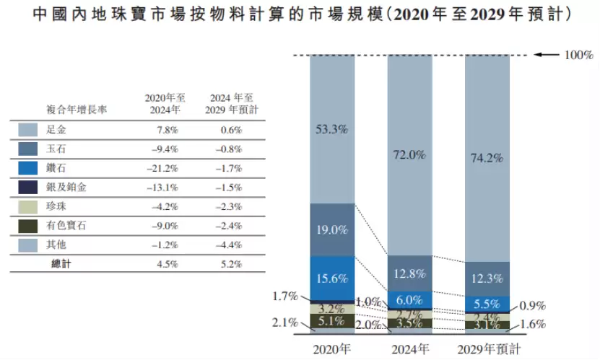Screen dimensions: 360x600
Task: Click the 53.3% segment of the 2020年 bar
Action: point(332,130)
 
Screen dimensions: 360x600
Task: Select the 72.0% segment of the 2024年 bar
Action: point(409,154)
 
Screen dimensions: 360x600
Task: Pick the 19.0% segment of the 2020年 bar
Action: point(332,230)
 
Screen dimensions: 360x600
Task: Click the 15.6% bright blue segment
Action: point(332,278)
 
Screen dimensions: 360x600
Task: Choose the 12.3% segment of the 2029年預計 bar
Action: point(487,278)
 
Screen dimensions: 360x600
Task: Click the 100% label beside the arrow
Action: point(578,55)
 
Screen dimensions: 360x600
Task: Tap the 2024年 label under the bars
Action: point(409,349)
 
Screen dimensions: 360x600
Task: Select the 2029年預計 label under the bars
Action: point(488,349)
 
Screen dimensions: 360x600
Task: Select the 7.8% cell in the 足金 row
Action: point(166,130)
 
